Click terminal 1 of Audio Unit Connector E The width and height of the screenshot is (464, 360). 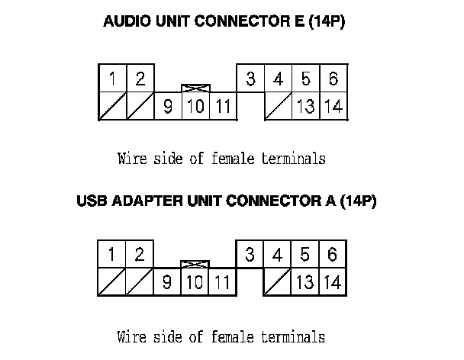click(x=112, y=79)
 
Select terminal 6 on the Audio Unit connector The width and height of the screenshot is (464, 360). click(x=333, y=79)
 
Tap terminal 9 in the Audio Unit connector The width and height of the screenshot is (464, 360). click(x=167, y=107)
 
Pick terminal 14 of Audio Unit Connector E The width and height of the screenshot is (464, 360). click(x=333, y=107)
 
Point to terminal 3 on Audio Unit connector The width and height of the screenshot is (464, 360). click(x=250, y=79)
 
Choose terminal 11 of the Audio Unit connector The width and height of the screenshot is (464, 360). click(x=222, y=107)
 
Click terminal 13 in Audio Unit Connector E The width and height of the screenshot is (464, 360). click(x=305, y=107)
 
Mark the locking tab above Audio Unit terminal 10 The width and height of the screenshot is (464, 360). click(x=195, y=88)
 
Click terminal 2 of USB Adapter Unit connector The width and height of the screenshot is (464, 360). click(x=140, y=255)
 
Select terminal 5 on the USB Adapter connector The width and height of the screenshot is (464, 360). click(x=305, y=255)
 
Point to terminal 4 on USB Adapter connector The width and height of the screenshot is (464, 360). click(x=278, y=255)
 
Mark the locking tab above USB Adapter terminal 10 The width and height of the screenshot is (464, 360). click(x=195, y=265)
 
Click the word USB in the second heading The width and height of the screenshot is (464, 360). click(x=92, y=203)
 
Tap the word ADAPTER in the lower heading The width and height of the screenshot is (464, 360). click(x=144, y=203)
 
